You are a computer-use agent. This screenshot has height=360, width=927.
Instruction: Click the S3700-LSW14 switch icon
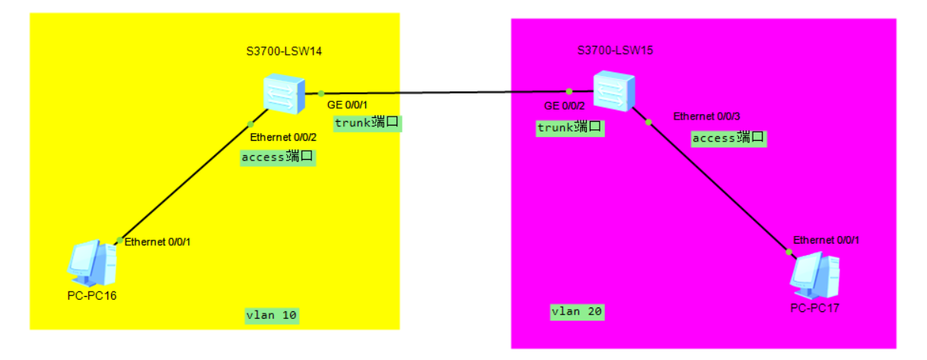pyautogui.click(x=284, y=93)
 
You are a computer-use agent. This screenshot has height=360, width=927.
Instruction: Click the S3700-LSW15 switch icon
pyautogui.click(x=613, y=91)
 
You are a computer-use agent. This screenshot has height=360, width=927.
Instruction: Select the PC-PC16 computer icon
pyautogui.click(x=91, y=262)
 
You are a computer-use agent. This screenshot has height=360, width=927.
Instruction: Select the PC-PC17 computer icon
pyautogui.click(x=814, y=275)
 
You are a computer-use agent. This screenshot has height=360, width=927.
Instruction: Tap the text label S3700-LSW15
pyautogui.click(x=615, y=51)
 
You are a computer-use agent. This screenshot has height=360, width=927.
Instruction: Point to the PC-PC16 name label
pyautogui.click(x=91, y=295)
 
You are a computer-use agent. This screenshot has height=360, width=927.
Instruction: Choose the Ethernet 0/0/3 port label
pyautogui.click(x=706, y=116)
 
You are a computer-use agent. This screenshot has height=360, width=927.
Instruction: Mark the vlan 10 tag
pyautogui.click(x=272, y=315)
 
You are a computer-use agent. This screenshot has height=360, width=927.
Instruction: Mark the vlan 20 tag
pyautogui.click(x=578, y=311)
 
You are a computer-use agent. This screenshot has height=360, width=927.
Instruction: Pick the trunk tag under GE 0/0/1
pyautogui.click(x=367, y=123)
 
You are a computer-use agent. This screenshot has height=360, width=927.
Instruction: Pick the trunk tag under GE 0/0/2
pyautogui.click(x=570, y=127)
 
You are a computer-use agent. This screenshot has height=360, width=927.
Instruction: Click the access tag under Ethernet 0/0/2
pyautogui.click(x=278, y=158)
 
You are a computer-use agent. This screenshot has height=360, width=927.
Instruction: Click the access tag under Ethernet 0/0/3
pyautogui.click(x=728, y=138)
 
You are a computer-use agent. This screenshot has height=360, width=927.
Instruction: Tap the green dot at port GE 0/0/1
pyautogui.click(x=322, y=94)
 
